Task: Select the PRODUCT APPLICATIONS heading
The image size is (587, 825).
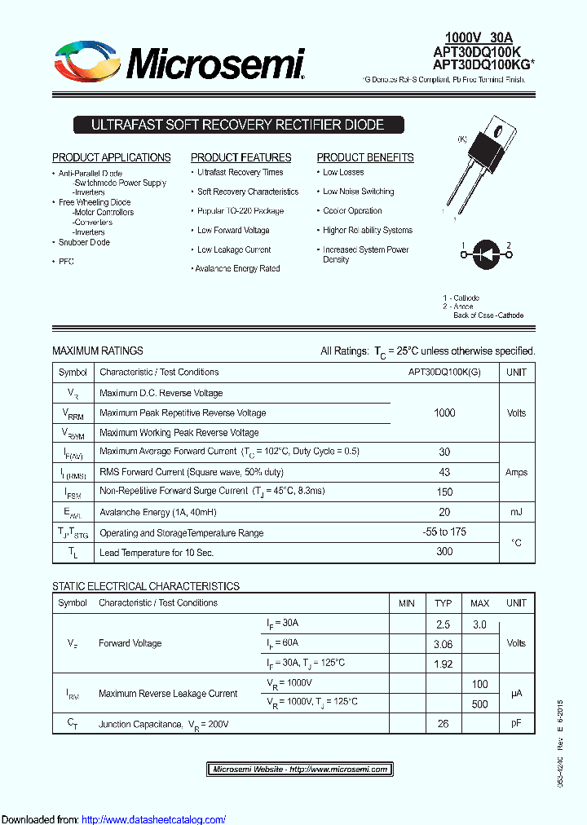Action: coord(112,157)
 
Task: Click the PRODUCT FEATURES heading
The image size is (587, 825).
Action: coord(241,157)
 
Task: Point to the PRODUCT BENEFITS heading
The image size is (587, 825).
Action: coord(365,157)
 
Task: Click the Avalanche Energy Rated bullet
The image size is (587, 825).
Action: coord(237,268)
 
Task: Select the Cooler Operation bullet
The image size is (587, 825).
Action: coord(352,210)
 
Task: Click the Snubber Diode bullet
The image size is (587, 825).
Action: coord(84,242)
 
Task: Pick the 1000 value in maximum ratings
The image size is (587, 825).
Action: coord(444,412)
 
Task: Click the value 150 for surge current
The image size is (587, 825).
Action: coord(444,492)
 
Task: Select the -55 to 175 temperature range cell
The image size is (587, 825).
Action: coord(444,532)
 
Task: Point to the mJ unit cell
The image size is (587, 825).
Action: coord(516,512)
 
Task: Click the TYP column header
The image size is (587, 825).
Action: coord(443,603)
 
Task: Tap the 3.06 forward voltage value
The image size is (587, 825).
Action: coord(443,644)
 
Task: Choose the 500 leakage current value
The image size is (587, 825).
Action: coord(479,704)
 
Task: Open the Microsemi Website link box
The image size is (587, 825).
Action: coord(300,769)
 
